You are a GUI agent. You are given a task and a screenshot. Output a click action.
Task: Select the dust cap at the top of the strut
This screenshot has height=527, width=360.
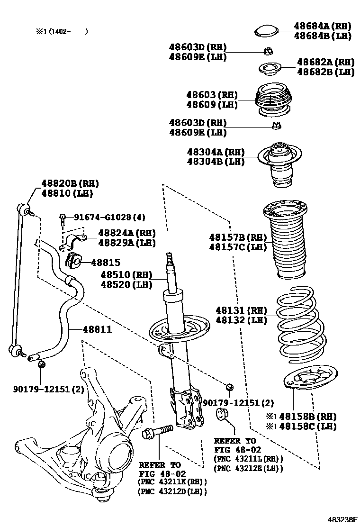click(x=265, y=31)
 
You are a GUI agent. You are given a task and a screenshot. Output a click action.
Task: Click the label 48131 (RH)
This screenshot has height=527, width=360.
click(x=240, y=310)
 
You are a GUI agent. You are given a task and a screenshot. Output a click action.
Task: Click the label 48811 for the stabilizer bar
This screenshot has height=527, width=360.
click(x=98, y=329)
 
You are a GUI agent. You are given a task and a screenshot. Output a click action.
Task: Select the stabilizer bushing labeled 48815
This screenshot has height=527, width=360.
click(x=73, y=261)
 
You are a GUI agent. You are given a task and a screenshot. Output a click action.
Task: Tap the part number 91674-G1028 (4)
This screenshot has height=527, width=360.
click(x=109, y=217)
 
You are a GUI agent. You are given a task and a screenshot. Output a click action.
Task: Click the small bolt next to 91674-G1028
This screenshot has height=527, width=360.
click(x=63, y=218)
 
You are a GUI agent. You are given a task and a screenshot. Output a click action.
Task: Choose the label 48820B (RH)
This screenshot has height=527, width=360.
click(x=70, y=183)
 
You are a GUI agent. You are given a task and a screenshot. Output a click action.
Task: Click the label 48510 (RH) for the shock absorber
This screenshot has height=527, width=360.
click(x=126, y=274)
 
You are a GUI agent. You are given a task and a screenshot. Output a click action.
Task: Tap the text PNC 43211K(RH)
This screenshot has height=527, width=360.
click(x=172, y=482)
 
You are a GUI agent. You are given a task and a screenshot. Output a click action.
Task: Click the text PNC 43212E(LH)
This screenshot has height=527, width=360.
click(x=249, y=468)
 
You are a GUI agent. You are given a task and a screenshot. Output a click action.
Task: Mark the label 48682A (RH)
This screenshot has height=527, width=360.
click(x=325, y=62)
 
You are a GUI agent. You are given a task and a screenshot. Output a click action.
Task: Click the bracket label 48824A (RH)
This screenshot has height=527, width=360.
click(x=126, y=233)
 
